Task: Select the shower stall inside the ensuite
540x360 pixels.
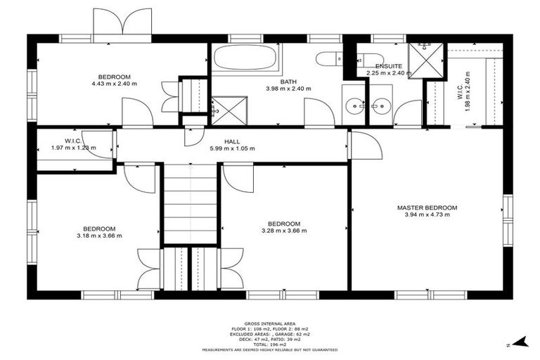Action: coord(424,60)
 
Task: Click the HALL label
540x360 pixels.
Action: coord(232,141)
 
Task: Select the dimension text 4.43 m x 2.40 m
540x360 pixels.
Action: coord(113,84)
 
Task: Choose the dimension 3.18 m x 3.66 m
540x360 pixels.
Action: coord(99,236)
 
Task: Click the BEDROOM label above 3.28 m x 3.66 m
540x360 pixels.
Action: coord(284,224)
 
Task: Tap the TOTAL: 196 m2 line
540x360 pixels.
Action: coord(269,344)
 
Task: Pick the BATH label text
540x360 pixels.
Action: coord(288,82)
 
